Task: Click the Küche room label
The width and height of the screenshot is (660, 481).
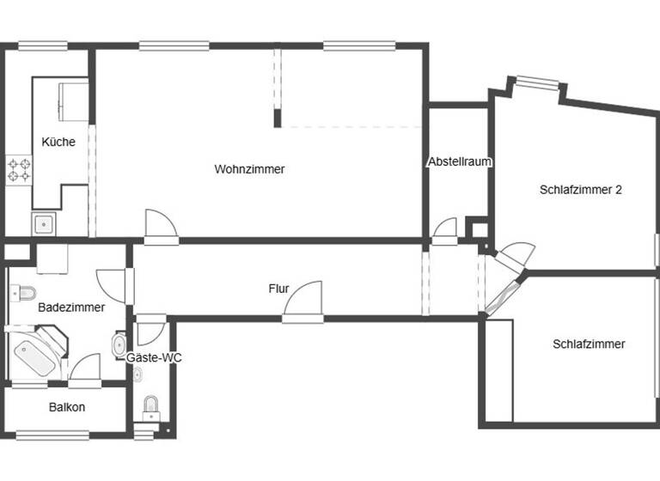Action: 58,142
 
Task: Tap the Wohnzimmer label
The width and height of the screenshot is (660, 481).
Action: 249,169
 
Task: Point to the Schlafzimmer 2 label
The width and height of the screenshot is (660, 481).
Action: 581,190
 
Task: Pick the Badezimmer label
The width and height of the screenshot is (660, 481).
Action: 71,307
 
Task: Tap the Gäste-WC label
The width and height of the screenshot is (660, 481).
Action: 154,357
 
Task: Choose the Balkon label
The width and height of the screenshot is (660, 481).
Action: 66,407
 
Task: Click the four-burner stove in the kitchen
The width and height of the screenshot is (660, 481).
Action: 19,169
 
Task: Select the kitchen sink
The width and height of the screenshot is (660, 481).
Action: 43,225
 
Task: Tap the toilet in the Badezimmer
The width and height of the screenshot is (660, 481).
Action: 21,293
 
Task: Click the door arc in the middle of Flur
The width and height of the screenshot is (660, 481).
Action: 303,301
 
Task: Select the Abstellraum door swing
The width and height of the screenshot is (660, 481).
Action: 445,229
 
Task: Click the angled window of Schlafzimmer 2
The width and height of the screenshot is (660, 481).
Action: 537,83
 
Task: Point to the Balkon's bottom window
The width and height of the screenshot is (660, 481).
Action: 52,435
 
